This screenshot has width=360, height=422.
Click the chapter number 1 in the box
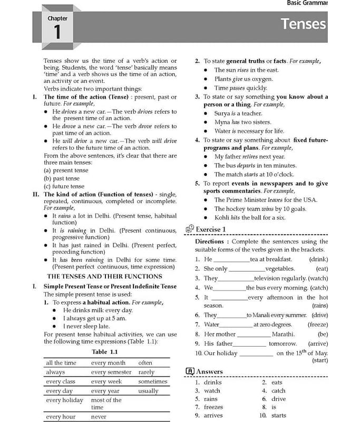point(57,32)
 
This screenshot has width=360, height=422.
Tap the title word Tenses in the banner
point(303,24)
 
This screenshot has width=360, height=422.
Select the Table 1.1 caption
point(104,352)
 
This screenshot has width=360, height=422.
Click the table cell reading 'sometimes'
point(153,381)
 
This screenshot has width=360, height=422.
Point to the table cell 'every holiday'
point(64,400)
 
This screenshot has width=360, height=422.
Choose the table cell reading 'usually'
point(148,391)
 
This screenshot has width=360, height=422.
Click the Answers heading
point(209,371)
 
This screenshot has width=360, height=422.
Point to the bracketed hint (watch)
point(318,278)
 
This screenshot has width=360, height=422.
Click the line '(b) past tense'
point(62,179)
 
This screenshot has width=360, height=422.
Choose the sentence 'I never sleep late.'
point(87,327)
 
